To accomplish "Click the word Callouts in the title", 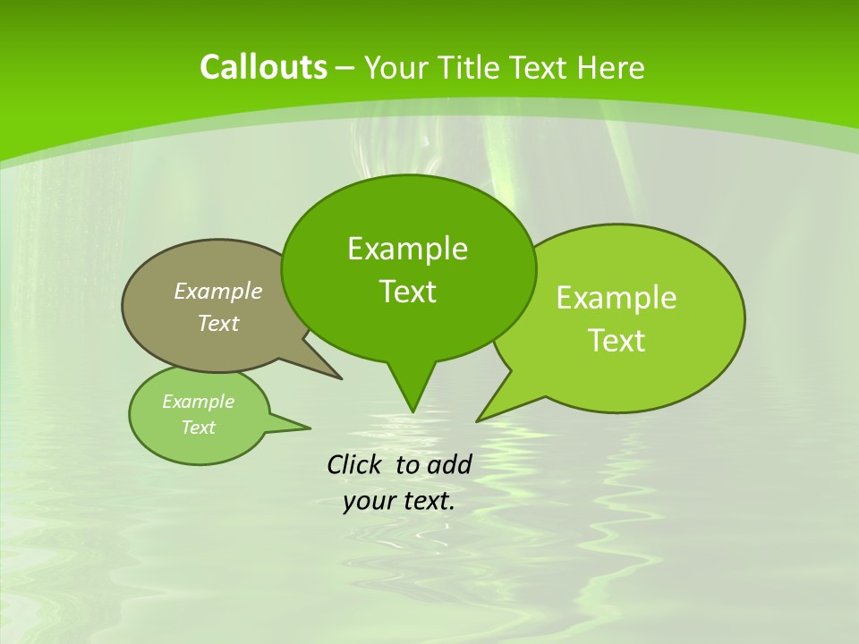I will (x=263, y=67).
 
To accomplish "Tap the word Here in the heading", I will (x=610, y=68).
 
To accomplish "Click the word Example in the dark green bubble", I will (x=407, y=249).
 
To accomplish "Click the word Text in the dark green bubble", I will (x=407, y=292).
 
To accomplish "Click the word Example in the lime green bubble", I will (x=617, y=298).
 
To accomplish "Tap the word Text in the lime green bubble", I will (x=617, y=341).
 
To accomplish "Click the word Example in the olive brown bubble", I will (x=218, y=291).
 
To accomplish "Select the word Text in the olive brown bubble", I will (x=218, y=323).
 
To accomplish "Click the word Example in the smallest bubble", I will (x=198, y=402).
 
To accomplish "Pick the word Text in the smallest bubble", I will (x=198, y=428).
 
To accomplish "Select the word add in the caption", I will (x=448, y=464).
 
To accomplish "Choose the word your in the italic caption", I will (x=369, y=501).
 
